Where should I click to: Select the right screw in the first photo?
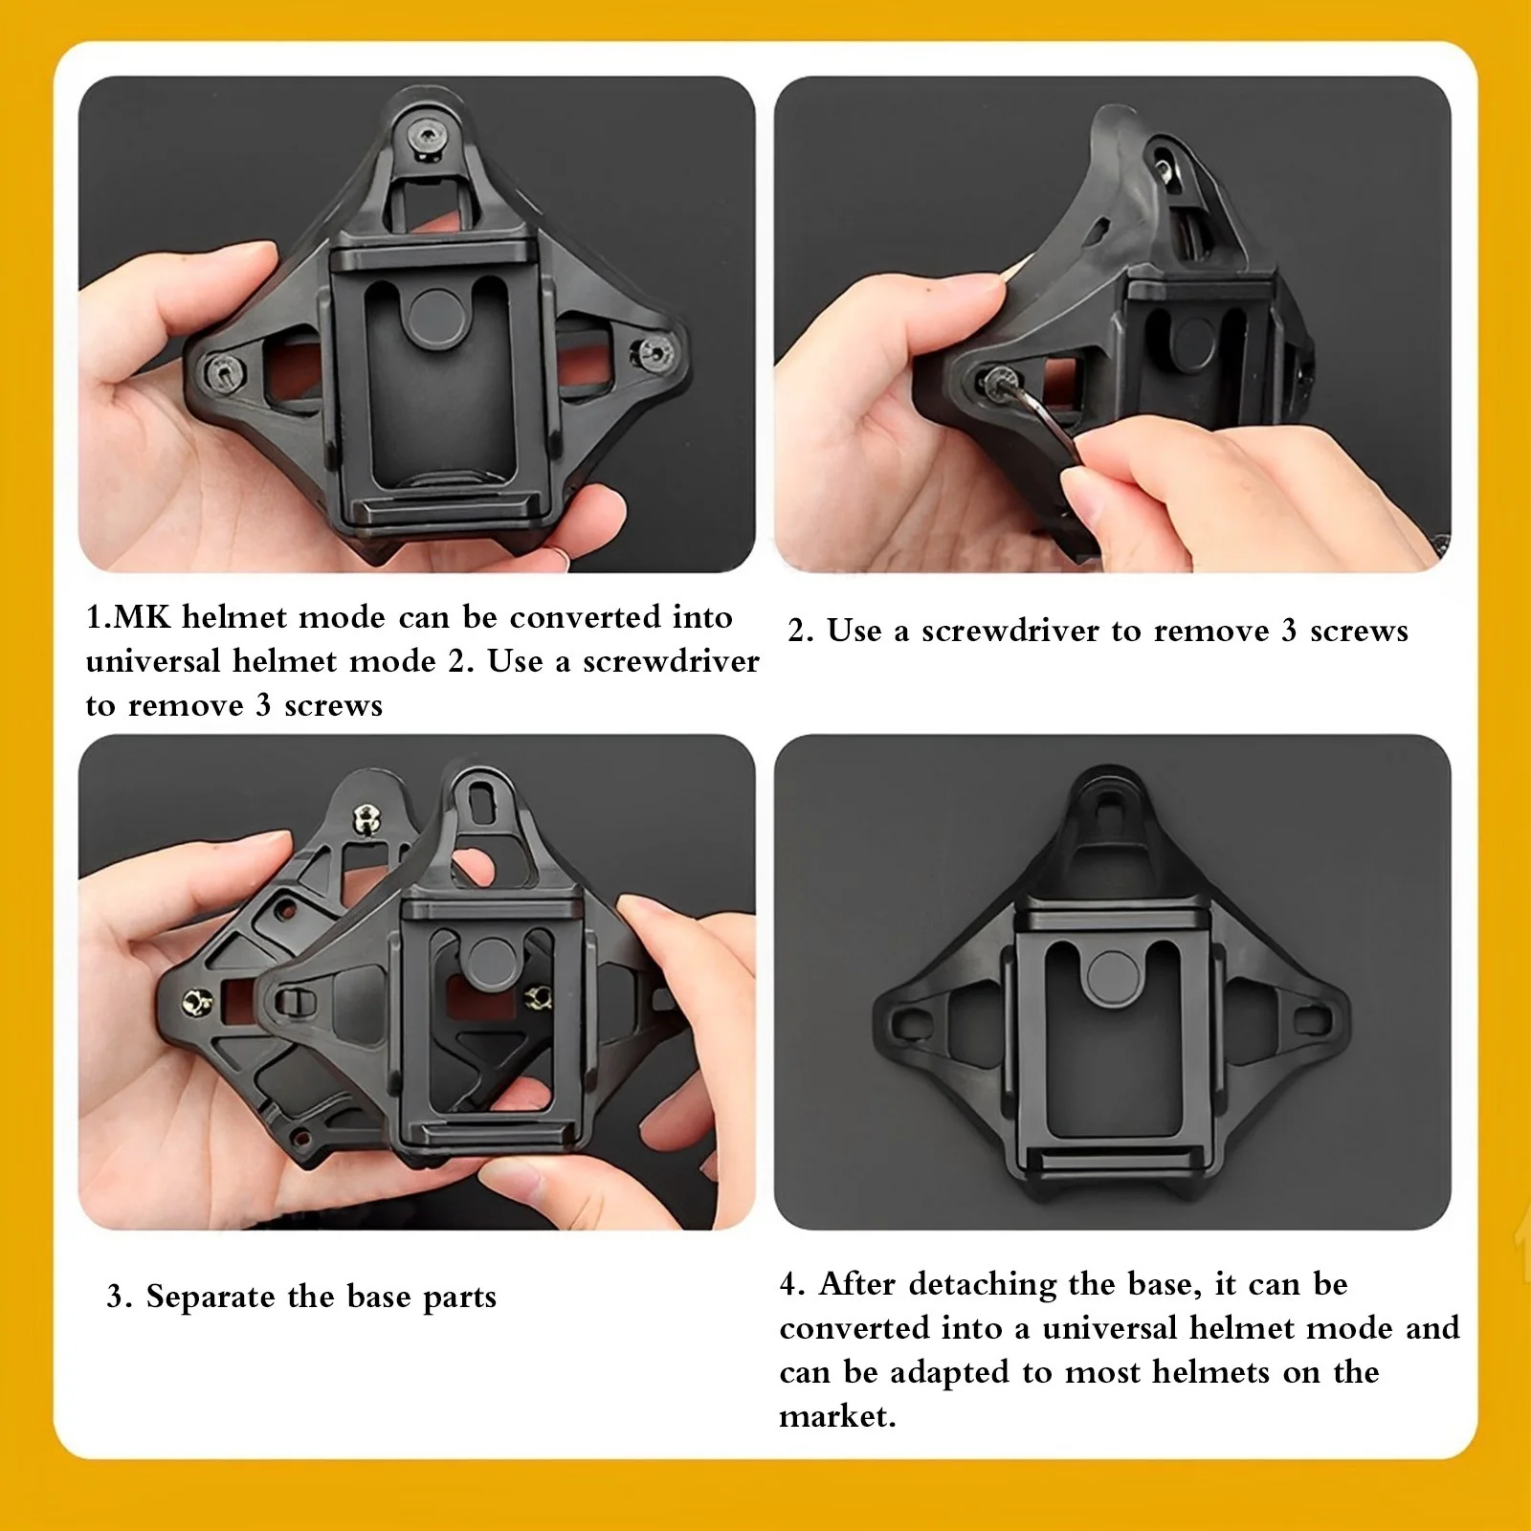point(655,353)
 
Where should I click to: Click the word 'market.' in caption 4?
point(837,1416)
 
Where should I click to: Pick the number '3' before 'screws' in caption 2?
point(1289,631)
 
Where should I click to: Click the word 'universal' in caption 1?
point(153,661)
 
